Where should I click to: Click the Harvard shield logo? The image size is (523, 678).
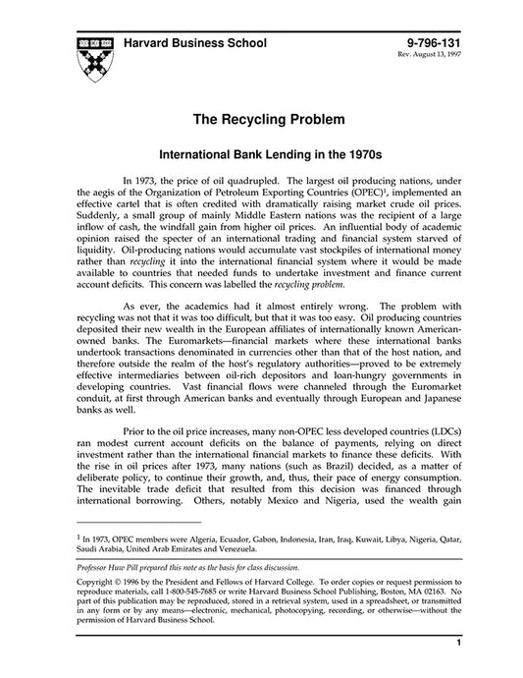(x=91, y=58)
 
